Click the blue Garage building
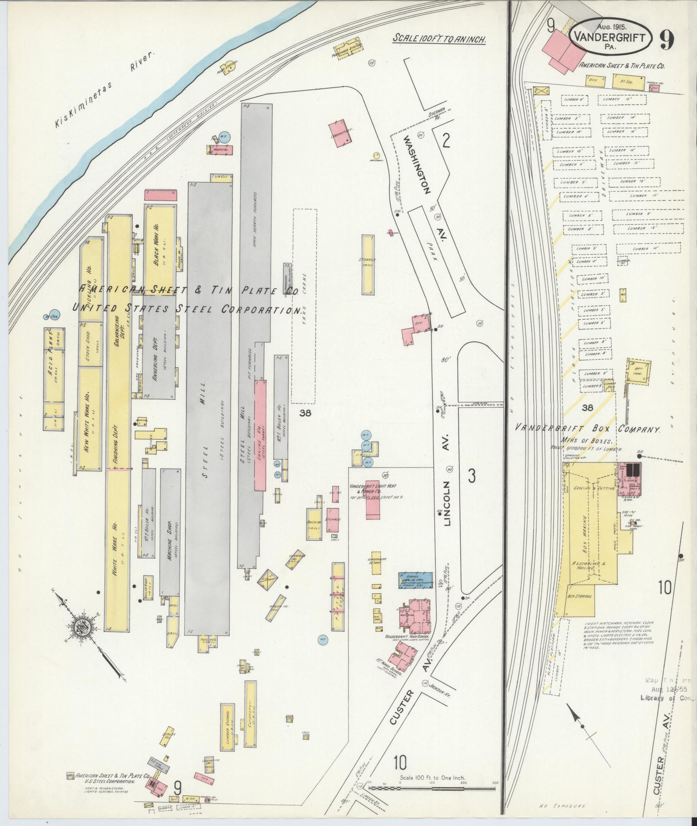click(x=415, y=580)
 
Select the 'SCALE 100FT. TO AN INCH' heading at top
click(x=439, y=38)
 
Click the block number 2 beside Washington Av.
click(x=446, y=141)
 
